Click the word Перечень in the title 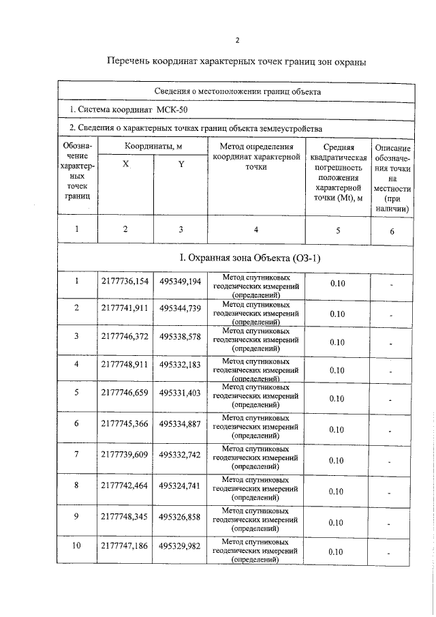(130, 62)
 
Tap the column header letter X (125, 164)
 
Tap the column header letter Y (181, 164)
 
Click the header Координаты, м (153, 147)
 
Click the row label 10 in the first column (77, 547)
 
